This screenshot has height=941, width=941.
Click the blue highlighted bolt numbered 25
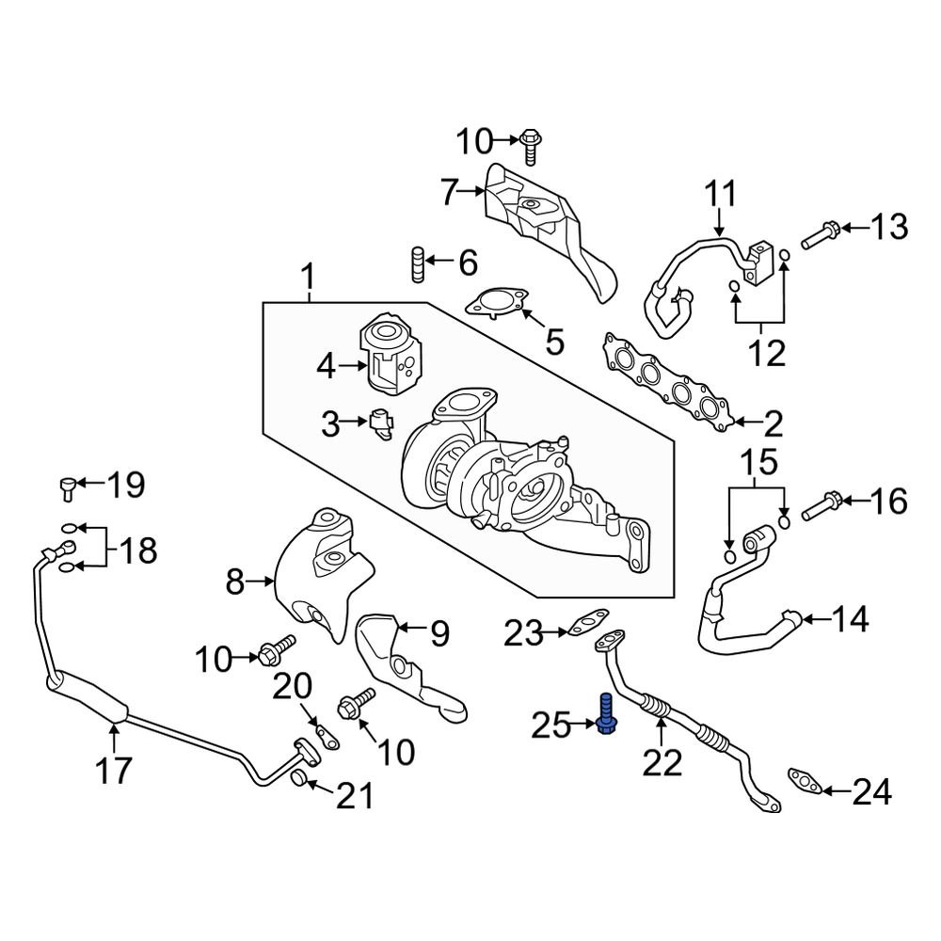[x=605, y=712]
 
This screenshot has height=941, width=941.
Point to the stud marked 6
[x=415, y=264]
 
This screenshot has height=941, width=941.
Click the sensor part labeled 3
[x=380, y=424]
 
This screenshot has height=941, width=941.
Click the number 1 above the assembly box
[x=306, y=279]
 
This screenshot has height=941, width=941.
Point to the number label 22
[x=661, y=762]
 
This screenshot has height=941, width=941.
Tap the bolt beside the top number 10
[x=530, y=145]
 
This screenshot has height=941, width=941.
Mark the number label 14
[x=850, y=620]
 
